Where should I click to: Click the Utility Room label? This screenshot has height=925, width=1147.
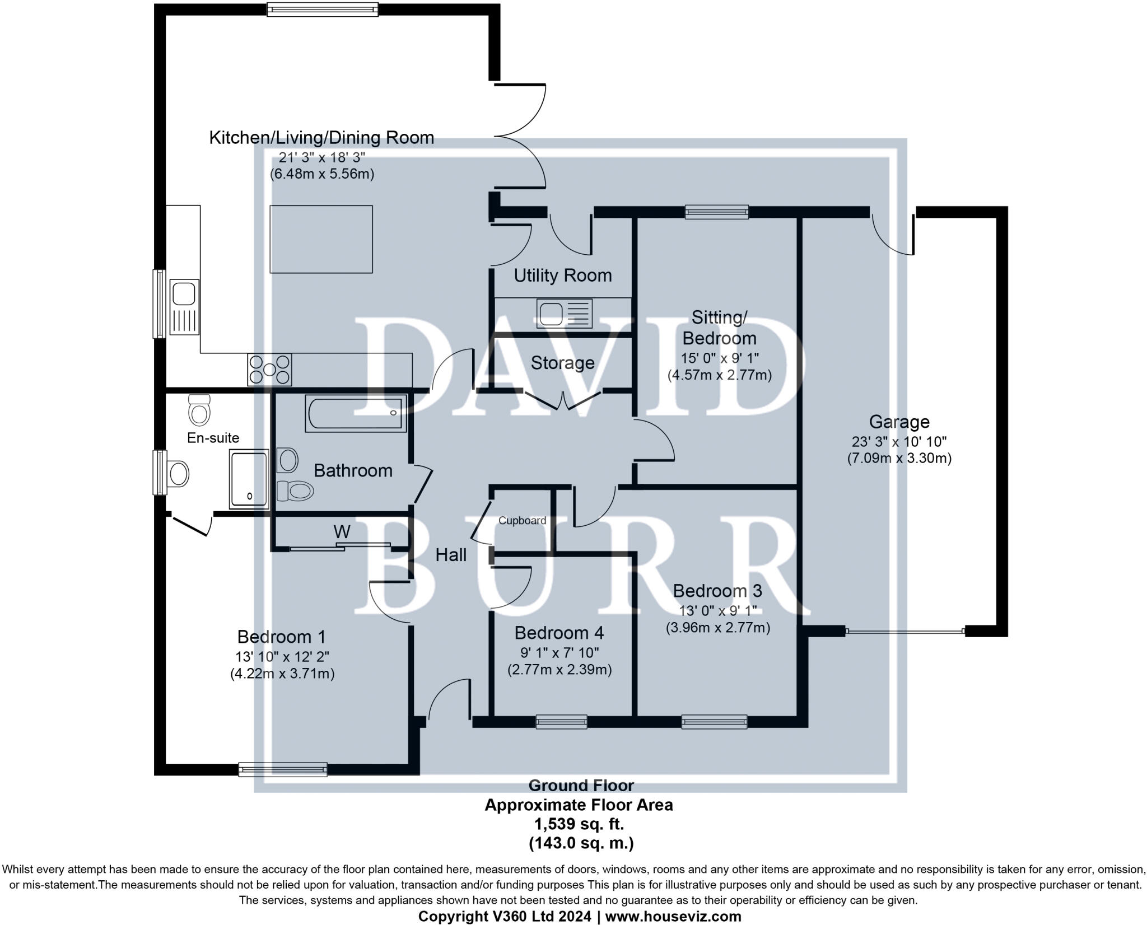click(562, 275)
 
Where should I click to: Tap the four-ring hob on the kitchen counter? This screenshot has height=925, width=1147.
click(269, 370)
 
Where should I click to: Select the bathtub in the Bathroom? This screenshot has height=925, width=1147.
click(356, 413)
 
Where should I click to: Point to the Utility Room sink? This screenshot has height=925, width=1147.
click(564, 313)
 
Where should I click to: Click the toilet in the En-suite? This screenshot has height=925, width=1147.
click(199, 409)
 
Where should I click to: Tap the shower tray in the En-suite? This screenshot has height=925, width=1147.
click(249, 479)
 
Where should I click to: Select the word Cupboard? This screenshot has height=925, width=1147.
click(522, 521)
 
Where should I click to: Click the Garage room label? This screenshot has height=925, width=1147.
click(899, 422)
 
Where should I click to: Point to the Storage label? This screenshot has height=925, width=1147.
click(562, 363)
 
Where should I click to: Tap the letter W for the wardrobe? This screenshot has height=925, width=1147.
click(342, 531)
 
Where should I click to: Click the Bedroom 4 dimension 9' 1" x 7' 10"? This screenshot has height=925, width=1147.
click(559, 652)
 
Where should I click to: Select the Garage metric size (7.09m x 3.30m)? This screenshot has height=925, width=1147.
click(899, 458)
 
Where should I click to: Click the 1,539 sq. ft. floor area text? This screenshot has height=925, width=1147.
click(579, 824)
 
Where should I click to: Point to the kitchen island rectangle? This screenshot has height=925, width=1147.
click(321, 239)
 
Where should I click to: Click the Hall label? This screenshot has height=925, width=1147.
click(451, 555)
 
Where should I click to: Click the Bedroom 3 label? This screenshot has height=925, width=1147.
click(717, 591)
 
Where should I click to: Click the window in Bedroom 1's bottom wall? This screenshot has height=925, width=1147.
click(283, 769)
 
